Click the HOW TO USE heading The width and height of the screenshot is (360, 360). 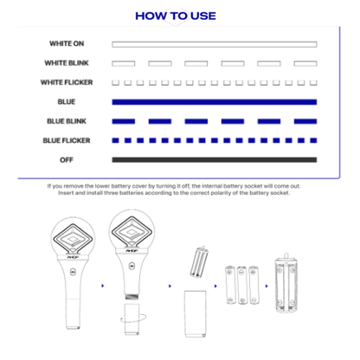[x=176, y=16]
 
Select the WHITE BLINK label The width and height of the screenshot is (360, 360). [x=67, y=63]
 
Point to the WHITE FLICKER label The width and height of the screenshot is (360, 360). [x=66, y=82]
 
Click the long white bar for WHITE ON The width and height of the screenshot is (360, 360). [x=214, y=44]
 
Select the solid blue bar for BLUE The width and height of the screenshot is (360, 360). [x=214, y=102]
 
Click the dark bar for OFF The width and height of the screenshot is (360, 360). [x=214, y=159]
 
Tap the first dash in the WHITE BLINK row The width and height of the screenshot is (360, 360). [x=124, y=63]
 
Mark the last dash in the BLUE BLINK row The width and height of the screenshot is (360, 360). [x=305, y=121]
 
